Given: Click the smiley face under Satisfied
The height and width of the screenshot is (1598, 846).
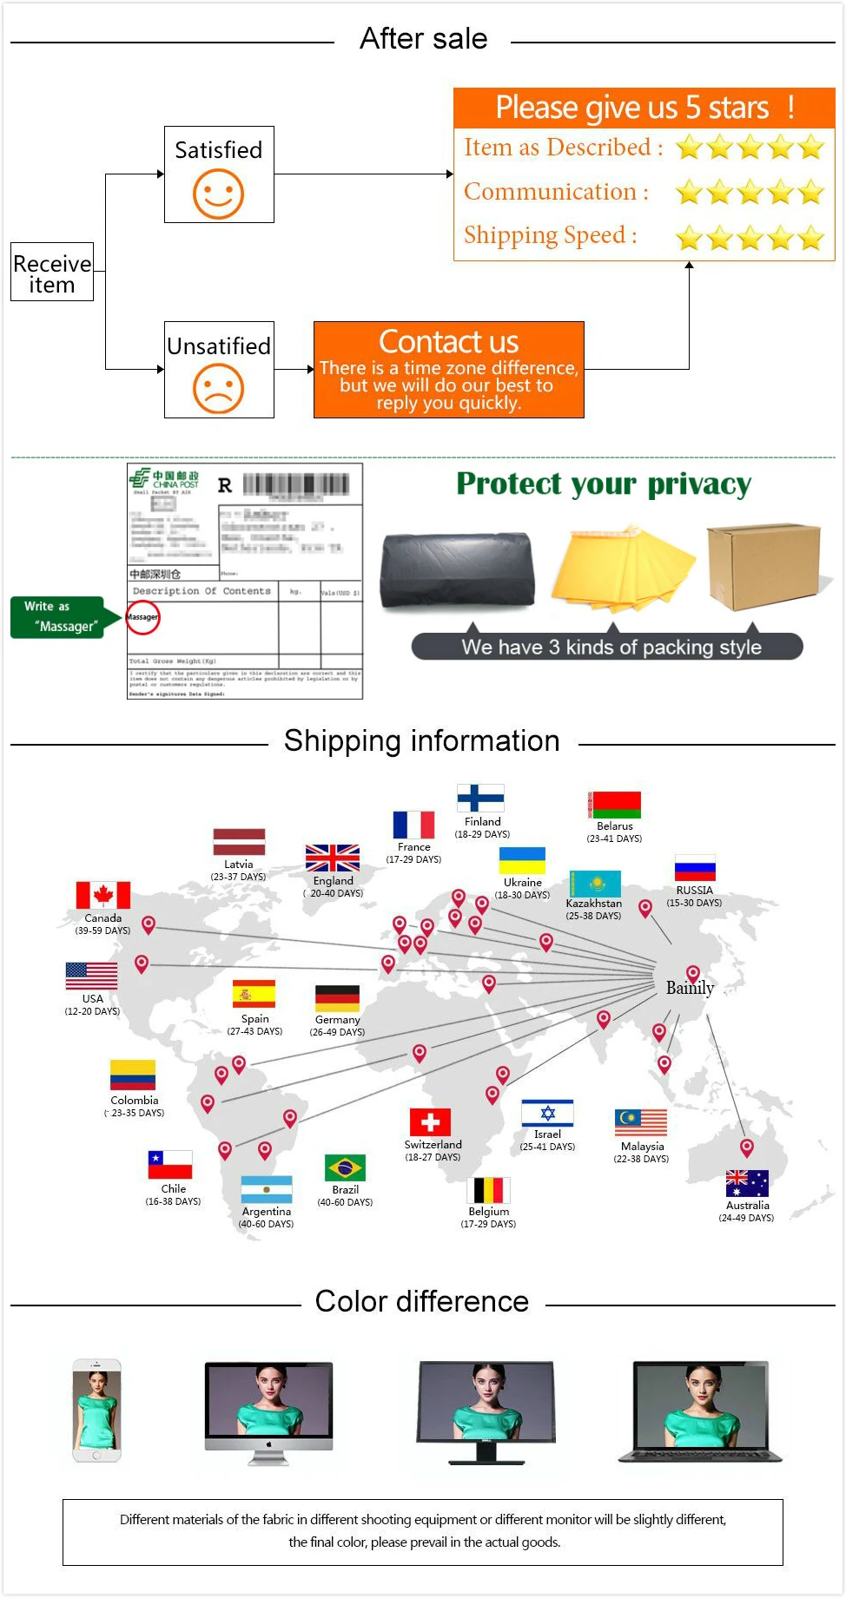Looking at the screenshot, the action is [x=218, y=194].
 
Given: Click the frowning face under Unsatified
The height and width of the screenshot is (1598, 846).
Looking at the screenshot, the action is [x=218, y=388].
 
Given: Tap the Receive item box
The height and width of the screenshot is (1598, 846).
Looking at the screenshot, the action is [x=52, y=273].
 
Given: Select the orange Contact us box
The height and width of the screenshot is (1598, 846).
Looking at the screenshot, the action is [x=448, y=370].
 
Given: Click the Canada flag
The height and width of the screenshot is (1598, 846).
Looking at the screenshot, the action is [x=103, y=895].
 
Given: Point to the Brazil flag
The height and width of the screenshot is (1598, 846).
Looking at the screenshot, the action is [x=345, y=1167].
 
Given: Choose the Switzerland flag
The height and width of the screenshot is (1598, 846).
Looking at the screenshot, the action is [x=430, y=1121].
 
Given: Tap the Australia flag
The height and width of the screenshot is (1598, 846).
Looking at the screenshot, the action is [x=747, y=1183].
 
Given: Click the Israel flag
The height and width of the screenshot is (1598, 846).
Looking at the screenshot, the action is [x=547, y=1113].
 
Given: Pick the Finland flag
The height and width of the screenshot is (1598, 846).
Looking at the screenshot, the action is [x=480, y=798].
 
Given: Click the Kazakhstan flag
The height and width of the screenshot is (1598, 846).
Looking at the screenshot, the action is [x=595, y=884].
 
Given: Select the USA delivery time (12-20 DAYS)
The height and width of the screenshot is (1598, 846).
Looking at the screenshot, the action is [x=92, y=1011].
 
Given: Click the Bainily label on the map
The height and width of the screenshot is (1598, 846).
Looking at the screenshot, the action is [x=690, y=988].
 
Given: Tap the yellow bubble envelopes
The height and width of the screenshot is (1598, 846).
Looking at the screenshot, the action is [x=622, y=569].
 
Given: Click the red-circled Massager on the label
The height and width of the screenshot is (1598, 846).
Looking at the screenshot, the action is [x=142, y=617].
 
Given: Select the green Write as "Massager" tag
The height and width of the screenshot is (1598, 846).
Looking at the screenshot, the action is [x=57, y=617].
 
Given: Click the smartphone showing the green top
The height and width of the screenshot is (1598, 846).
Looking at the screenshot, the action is [x=96, y=1410].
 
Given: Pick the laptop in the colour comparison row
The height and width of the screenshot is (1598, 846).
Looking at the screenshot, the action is [x=701, y=1411].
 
